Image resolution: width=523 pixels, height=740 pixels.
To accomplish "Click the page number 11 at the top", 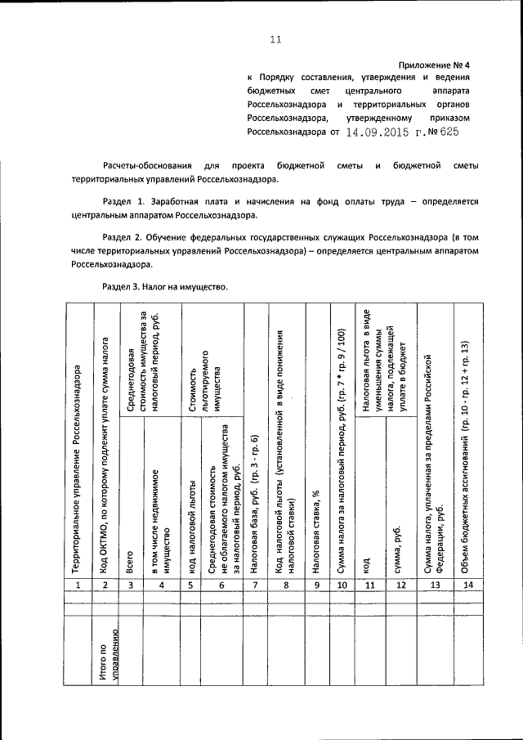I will point(275,38).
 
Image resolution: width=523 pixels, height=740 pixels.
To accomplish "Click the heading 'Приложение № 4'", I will point(434,64).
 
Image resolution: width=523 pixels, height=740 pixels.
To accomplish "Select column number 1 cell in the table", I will point(78,585).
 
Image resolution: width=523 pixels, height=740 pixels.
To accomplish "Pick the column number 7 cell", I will point(255,585).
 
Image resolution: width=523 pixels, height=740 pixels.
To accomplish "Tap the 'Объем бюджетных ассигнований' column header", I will point(466,442).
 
